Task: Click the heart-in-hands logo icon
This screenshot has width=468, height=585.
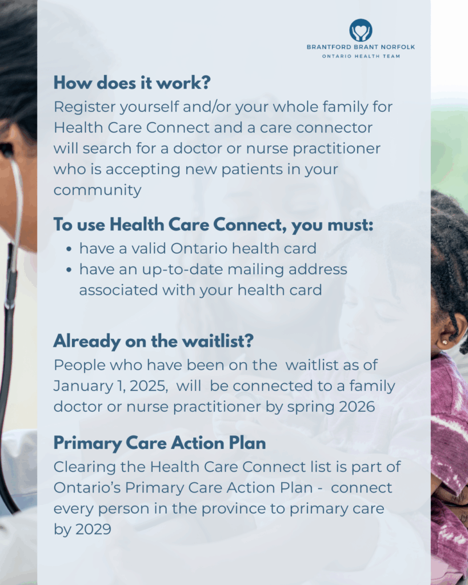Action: point(361,30)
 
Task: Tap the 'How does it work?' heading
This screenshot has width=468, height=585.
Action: point(132,82)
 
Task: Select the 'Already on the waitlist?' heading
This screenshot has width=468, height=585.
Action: point(153,340)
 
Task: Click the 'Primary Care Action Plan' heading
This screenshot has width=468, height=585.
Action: point(160,443)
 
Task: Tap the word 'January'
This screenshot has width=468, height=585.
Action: point(83,386)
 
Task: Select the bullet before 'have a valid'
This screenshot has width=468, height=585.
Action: point(69,249)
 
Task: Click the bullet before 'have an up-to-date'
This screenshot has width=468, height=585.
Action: point(69,270)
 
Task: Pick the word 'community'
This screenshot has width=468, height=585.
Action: point(97,190)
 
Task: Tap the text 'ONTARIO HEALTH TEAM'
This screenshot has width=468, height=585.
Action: point(361,57)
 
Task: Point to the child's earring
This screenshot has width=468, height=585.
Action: point(445,342)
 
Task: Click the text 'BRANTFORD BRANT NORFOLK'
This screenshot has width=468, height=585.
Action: point(361,47)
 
